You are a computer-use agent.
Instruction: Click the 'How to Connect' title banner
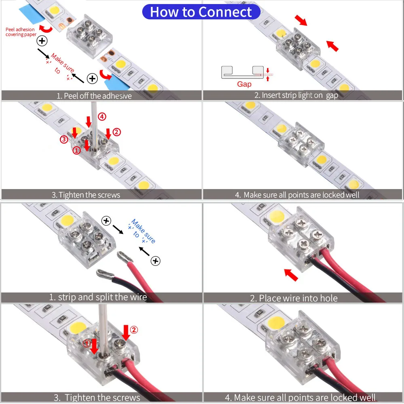click(201, 12)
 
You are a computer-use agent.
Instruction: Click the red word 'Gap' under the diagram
click(244, 84)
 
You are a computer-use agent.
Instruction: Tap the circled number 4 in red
click(102, 117)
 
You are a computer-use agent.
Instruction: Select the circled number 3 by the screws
click(64, 140)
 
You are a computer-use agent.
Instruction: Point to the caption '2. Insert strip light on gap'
click(296, 95)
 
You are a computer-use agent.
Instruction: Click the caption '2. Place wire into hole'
click(294, 298)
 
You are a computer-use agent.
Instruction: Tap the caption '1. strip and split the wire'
click(98, 297)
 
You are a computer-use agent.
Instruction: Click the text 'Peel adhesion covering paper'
click(20, 32)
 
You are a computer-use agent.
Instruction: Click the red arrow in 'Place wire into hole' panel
click(291, 275)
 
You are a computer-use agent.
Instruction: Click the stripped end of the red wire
click(123, 256)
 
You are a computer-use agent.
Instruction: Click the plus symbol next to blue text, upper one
click(106, 221)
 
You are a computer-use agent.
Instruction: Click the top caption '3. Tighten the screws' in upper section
click(86, 195)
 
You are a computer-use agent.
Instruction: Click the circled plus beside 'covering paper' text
click(42, 41)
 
